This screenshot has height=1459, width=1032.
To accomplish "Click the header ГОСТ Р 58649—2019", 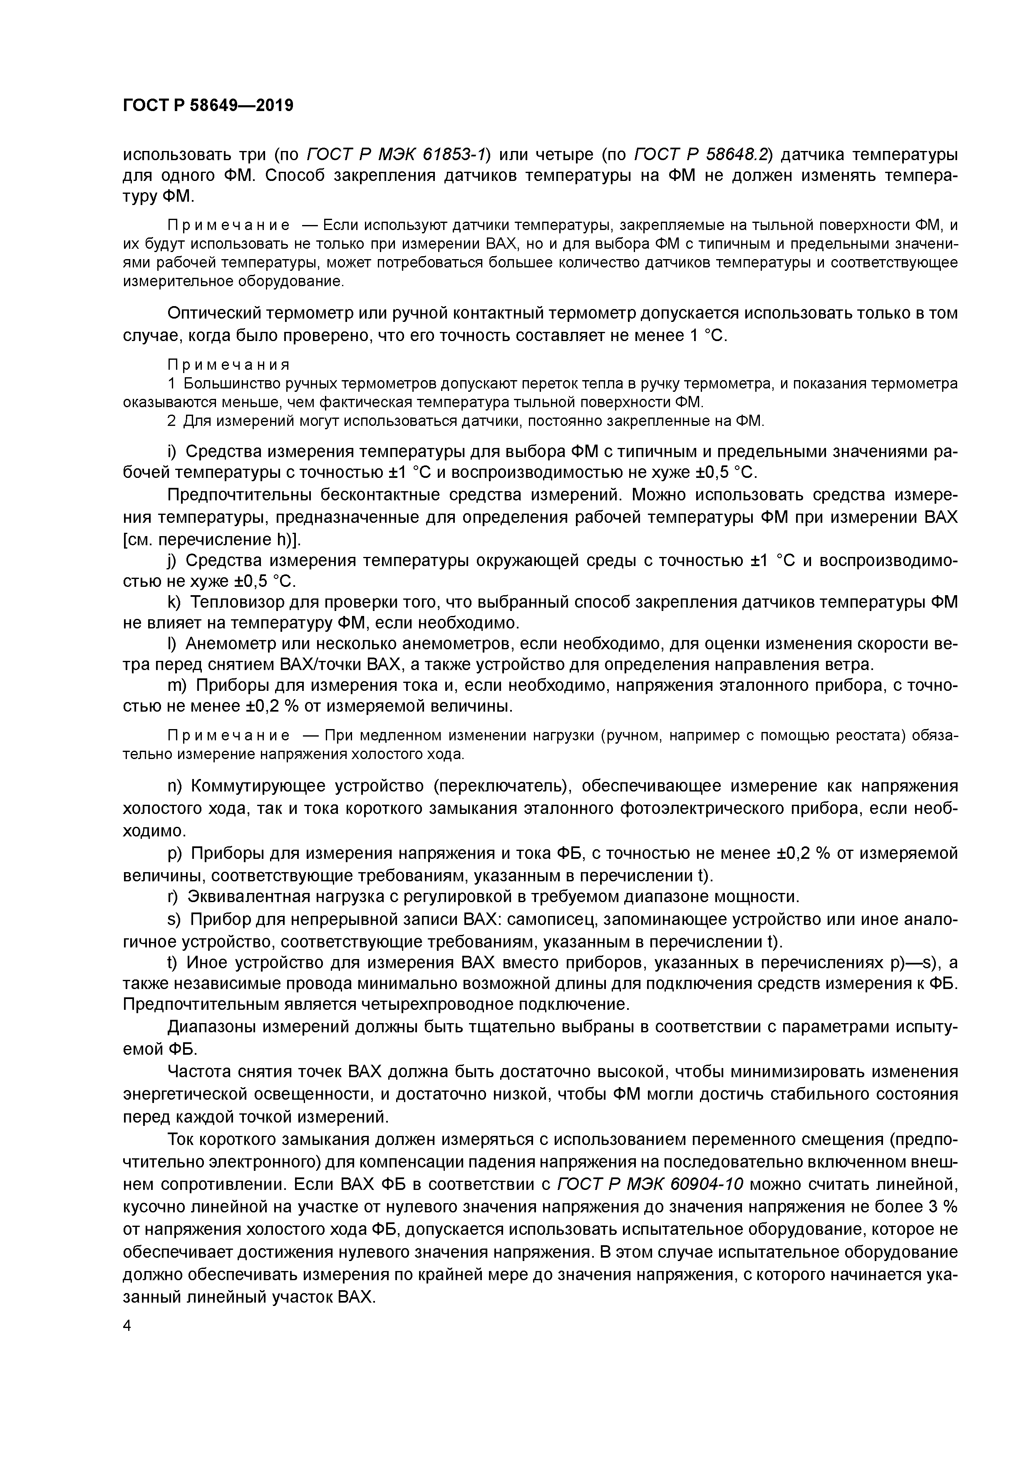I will click(208, 106).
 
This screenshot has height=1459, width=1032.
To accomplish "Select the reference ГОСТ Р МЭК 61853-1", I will click(397, 154).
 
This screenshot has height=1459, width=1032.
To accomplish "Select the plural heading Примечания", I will click(228, 365).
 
